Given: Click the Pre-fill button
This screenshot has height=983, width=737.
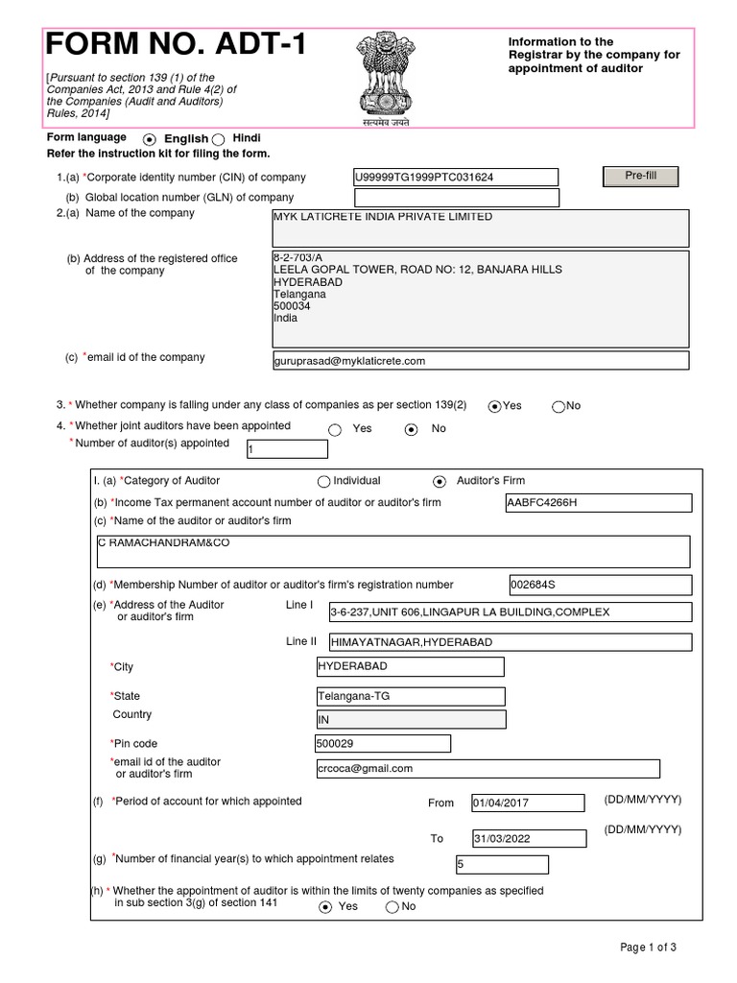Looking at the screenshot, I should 640,177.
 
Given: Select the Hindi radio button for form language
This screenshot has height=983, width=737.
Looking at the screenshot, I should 219,139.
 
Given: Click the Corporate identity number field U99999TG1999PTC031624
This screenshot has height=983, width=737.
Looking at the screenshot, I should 456,178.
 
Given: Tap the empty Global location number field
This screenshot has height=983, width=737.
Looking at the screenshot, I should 456,198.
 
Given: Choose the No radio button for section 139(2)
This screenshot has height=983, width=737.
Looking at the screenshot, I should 558,406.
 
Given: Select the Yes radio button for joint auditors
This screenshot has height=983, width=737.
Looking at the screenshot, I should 335,430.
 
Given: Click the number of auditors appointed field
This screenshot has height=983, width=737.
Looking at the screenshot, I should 287,449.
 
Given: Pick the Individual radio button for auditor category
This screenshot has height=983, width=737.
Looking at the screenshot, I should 324,481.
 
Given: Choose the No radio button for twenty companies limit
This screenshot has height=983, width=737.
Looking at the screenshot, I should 392,907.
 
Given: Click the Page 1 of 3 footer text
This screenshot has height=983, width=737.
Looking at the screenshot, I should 649,948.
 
